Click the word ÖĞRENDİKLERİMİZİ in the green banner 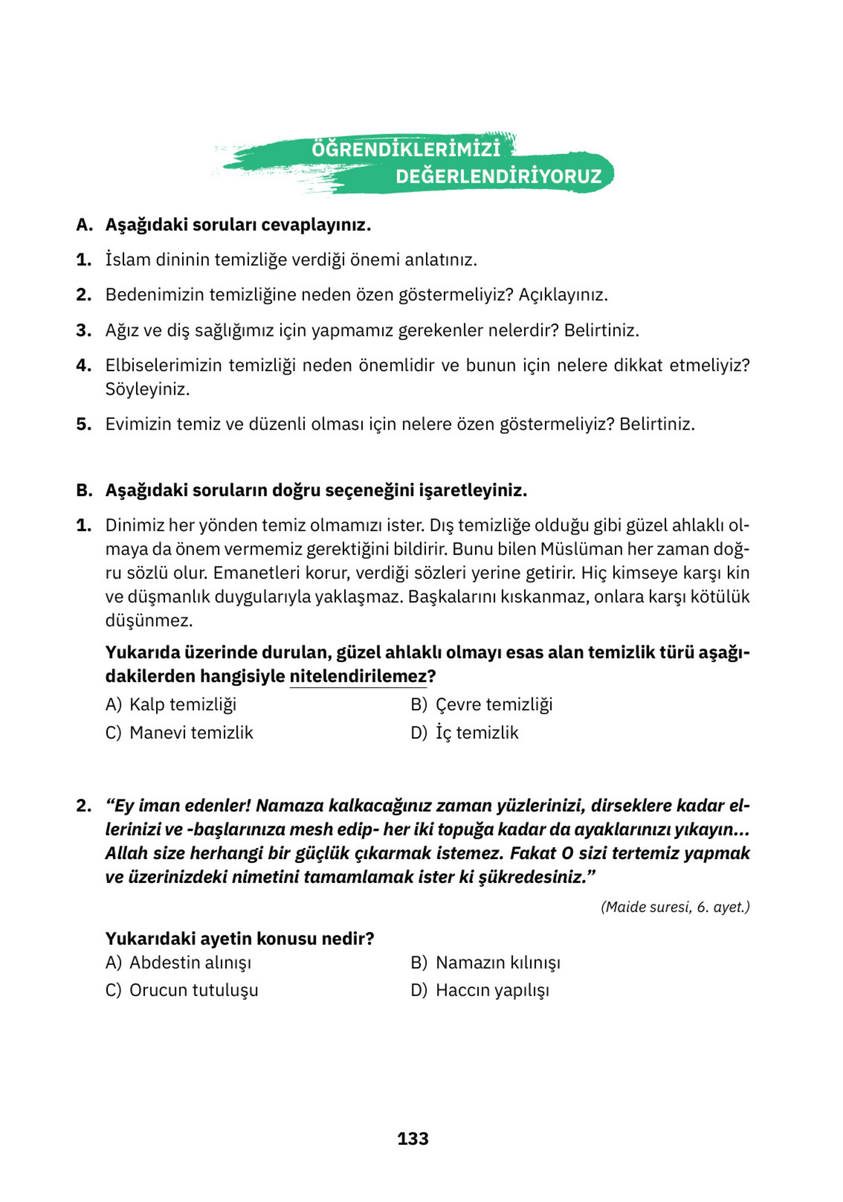[405, 149]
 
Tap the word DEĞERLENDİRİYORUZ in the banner [498, 177]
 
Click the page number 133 [413, 1139]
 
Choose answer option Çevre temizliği [494, 704]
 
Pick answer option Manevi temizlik [191, 732]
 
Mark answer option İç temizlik [476, 732]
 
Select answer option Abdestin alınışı [190, 962]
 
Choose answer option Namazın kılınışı [497, 962]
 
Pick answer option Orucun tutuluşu [194, 990]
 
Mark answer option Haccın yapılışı [492, 990]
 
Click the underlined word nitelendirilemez [358, 676]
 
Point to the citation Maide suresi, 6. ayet [675, 907]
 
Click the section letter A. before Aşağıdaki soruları [84, 225]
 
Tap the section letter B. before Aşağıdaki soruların [84, 490]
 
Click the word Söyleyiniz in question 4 [147, 389]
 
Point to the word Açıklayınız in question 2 [562, 295]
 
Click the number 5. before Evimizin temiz [84, 424]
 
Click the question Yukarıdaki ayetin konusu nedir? [240, 938]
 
